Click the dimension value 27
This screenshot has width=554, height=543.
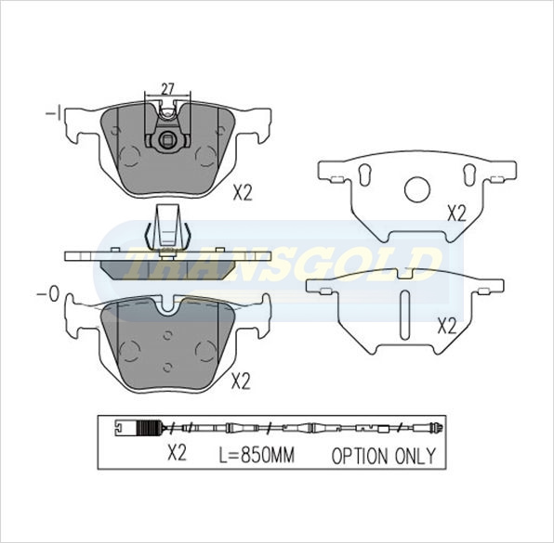pos(168,88)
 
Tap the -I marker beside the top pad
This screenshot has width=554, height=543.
pos(54,113)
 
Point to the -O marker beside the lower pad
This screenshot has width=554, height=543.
pos(47,294)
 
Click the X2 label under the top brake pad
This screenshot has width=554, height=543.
pos(243,193)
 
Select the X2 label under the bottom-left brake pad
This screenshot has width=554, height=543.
pos(241,381)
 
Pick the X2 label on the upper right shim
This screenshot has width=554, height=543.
pos(456,213)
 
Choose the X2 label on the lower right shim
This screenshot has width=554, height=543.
pos(447,327)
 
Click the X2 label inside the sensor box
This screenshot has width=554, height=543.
pos(177,453)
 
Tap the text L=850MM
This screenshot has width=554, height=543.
pos(257,455)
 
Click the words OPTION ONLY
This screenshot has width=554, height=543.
pos(383,456)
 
